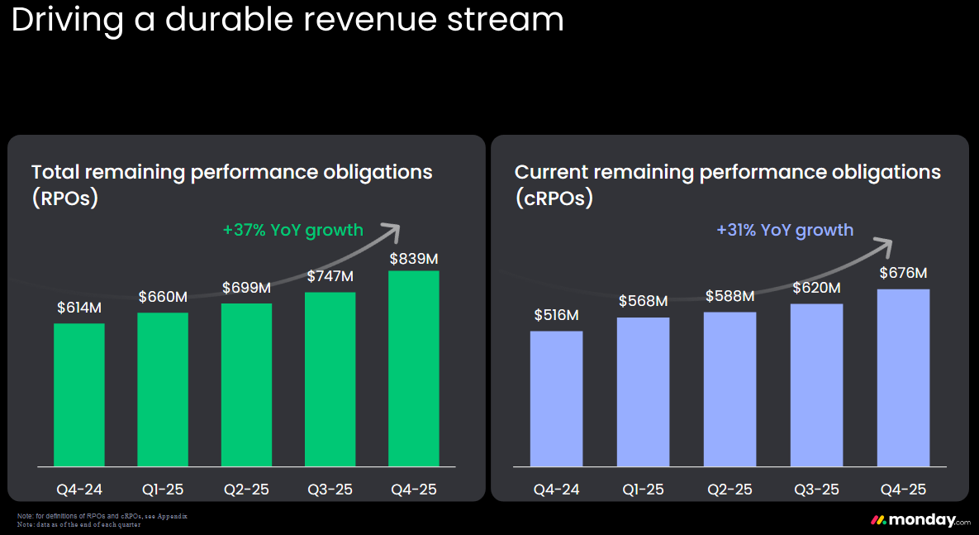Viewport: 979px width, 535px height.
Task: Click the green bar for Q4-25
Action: tap(413, 369)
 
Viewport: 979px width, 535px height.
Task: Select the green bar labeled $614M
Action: tap(79, 395)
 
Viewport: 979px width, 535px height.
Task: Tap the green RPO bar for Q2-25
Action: tap(247, 385)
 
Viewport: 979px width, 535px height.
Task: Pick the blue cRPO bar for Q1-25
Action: tap(643, 392)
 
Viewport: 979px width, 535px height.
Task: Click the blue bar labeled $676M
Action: tap(904, 378)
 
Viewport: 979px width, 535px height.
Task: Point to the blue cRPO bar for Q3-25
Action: tap(817, 385)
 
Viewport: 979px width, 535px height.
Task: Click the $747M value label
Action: tap(330, 276)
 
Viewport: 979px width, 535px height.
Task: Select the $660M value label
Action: tap(163, 297)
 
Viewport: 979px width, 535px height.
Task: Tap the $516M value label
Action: tap(556, 315)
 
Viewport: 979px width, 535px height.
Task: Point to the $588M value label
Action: tap(729, 296)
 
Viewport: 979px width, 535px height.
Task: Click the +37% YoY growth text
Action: tap(292, 230)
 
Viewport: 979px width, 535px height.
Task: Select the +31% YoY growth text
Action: tap(785, 230)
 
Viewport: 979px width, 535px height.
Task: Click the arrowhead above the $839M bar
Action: tap(392, 232)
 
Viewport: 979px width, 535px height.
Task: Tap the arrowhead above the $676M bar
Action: tap(883, 246)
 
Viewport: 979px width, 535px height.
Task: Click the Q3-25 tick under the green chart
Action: tap(330, 490)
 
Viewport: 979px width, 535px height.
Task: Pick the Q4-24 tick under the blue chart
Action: tap(556, 490)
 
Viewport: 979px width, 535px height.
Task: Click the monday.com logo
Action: tap(921, 520)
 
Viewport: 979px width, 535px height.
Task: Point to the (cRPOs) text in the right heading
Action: tap(554, 198)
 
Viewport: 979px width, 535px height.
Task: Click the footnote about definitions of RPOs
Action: tap(102, 516)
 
